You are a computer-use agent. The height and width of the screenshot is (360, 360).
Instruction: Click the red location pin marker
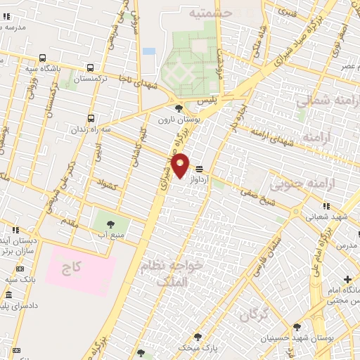pyautogui.click(x=181, y=165)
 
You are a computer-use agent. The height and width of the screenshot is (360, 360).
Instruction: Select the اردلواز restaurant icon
pyautogui.click(x=200, y=169)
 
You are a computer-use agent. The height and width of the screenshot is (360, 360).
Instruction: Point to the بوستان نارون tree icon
pyautogui.click(x=179, y=108)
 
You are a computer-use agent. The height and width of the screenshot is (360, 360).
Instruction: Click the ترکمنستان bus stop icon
pyautogui.click(x=91, y=68)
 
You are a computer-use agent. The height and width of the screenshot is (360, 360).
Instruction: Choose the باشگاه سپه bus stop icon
pyautogui.click(x=43, y=58)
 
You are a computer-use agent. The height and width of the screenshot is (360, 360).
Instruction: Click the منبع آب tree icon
pyautogui.click(x=109, y=224)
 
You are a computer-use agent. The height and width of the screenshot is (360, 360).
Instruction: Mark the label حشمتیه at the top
pyautogui.click(x=211, y=12)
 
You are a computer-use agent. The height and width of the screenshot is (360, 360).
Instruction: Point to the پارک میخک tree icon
pyautogui.click(x=198, y=337)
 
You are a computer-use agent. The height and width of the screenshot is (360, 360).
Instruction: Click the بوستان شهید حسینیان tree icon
pyautogui.click(x=297, y=327)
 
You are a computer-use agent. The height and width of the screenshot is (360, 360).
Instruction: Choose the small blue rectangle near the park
pyautogui.click(x=148, y=51)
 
